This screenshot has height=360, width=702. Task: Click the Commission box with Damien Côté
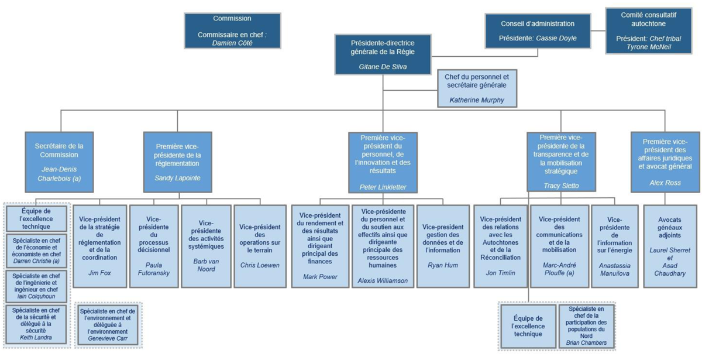232,30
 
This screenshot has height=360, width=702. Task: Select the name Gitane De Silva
383,67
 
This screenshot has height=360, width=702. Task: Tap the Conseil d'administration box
538,31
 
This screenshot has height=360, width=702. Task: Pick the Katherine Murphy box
477,89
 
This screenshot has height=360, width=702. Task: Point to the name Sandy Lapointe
177,178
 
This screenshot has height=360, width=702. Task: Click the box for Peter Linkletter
383,162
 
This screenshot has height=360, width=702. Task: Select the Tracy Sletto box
560,162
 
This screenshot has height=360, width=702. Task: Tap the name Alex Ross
665,183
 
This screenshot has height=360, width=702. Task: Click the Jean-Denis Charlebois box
59,162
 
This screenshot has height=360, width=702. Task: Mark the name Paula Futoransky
153,268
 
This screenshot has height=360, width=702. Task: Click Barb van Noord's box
206,245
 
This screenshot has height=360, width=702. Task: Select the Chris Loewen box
260,245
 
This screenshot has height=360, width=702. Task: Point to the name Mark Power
320,277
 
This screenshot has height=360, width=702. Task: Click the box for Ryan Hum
442,245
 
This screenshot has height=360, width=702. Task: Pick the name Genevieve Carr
108,338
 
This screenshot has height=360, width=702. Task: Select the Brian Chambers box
586,326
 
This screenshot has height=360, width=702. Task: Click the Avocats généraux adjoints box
669,245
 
